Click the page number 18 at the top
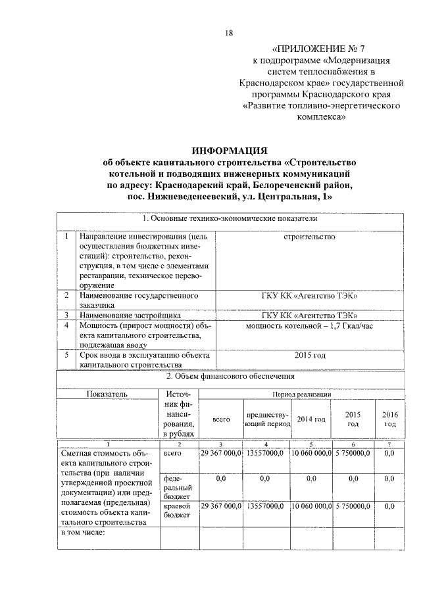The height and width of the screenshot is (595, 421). point(229,34)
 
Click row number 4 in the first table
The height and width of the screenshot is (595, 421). point(66,325)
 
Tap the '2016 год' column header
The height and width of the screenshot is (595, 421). point(389,419)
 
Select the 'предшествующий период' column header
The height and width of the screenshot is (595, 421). point(266,419)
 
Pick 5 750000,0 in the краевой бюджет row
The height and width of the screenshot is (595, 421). point(353,506)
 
